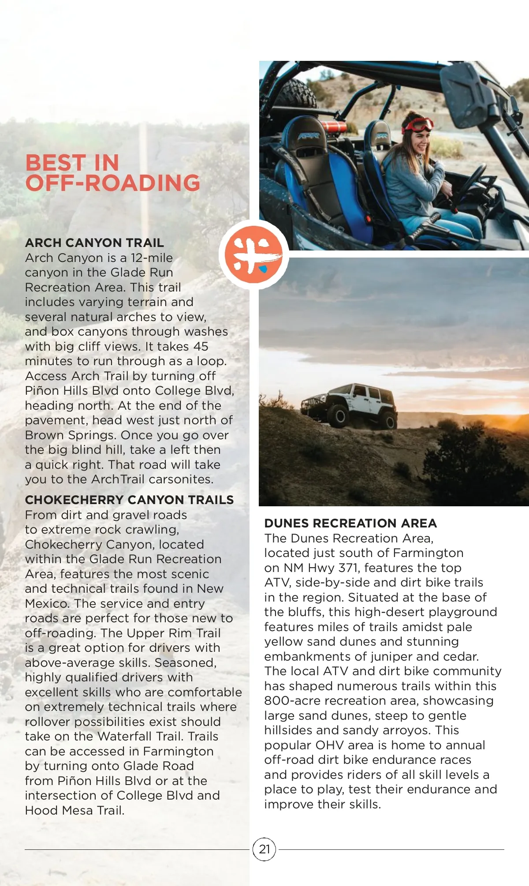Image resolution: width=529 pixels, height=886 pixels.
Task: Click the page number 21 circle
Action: (x=264, y=849)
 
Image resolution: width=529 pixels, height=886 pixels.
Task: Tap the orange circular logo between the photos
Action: (x=253, y=254)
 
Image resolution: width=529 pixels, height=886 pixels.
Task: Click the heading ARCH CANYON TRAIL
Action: (x=94, y=243)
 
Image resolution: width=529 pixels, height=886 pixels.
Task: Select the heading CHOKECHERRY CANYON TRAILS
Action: (x=129, y=500)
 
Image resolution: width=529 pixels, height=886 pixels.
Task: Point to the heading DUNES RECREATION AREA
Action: (x=350, y=523)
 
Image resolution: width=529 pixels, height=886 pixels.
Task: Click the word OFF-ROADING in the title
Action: (x=113, y=183)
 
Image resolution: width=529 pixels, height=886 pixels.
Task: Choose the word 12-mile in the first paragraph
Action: (x=152, y=258)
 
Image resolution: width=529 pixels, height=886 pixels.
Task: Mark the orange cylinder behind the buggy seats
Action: (x=334, y=127)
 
